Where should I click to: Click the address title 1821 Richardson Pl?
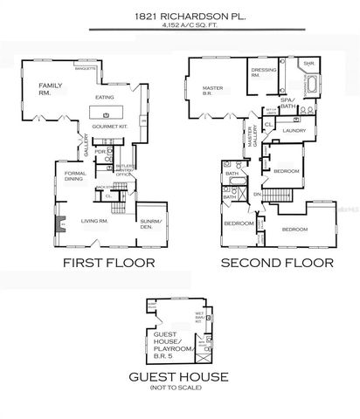179,15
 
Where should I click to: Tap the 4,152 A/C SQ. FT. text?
179,26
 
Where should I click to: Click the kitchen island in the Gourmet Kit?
107,114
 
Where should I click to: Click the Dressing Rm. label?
263,72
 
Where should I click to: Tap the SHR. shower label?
308,65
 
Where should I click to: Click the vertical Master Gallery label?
252,140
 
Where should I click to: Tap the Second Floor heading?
275,262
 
